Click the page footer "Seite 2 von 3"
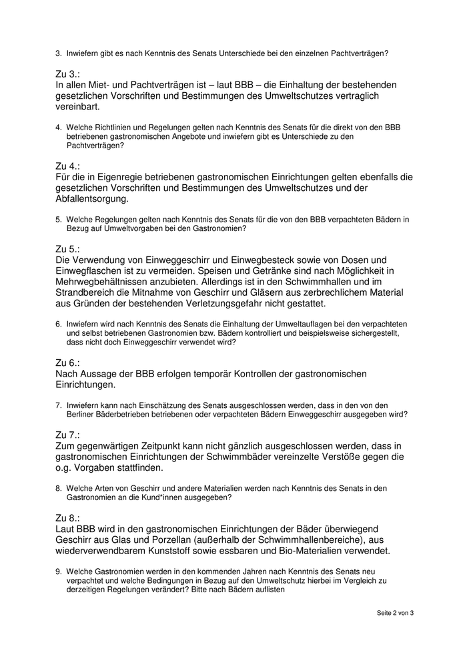point(395,613)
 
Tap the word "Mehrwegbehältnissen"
point(106,281)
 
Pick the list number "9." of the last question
point(59,572)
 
